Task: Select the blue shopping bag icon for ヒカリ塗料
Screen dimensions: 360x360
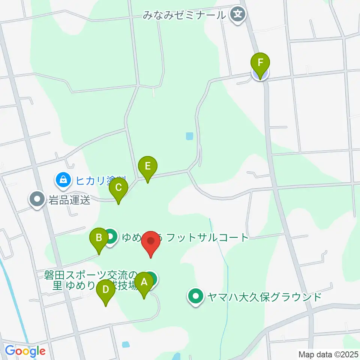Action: pyautogui.click(x=63, y=180)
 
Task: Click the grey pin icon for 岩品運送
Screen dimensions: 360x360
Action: pyautogui.click(x=37, y=199)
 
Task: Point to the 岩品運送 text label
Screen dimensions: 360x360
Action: pyautogui.click(x=69, y=199)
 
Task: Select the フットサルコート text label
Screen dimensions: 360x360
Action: pyautogui.click(x=207, y=237)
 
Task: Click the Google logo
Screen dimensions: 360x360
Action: pyautogui.click(x=25, y=351)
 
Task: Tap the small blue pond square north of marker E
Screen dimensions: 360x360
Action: pyautogui.click(x=189, y=136)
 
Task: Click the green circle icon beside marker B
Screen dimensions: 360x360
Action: pyautogui.click(x=110, y=237)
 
